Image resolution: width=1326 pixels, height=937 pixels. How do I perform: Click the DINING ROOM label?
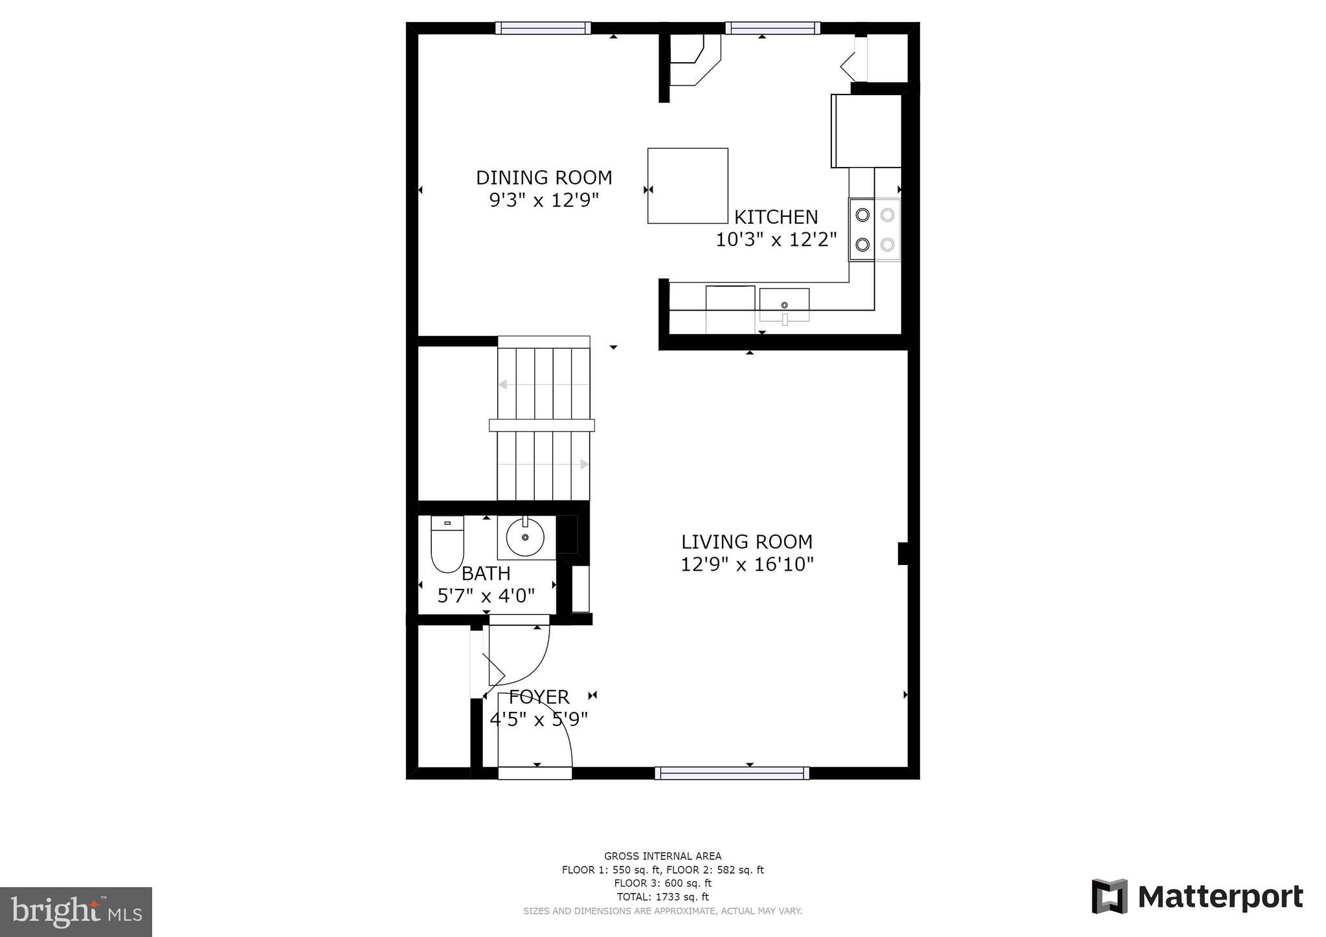(x=544, y=177)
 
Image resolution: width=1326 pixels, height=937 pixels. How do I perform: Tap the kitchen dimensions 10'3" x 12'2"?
(x=776, y=240)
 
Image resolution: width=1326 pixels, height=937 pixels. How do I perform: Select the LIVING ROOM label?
(x=747, y=542)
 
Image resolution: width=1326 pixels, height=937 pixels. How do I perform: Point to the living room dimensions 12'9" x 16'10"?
(x=747, y=564)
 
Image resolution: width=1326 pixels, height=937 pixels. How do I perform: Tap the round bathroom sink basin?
(x=525, y=538)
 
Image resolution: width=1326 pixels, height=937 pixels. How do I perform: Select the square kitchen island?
(x=688, y=186)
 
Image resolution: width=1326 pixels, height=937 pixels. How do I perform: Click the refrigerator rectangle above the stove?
(x=866, y=131)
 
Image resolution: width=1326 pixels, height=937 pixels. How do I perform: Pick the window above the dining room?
(x=543, y=28)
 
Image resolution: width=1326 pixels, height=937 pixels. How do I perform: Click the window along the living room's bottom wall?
(x=732, y=773)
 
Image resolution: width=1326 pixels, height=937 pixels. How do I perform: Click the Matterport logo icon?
(x=1109, y=896)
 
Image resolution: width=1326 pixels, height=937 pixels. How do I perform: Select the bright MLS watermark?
(x=76, y=912)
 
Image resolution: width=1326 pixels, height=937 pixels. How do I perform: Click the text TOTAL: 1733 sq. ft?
(x=662, y=897)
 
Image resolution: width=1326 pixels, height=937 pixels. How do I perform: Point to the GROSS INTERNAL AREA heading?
(x=662, y=856)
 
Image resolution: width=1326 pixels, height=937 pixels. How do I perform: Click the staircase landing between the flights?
(x=542, y=425)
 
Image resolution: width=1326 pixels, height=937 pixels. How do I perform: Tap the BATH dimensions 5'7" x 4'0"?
(x=486, y=595)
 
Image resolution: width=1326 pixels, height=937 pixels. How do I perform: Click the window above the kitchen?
(x=772, y=28)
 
